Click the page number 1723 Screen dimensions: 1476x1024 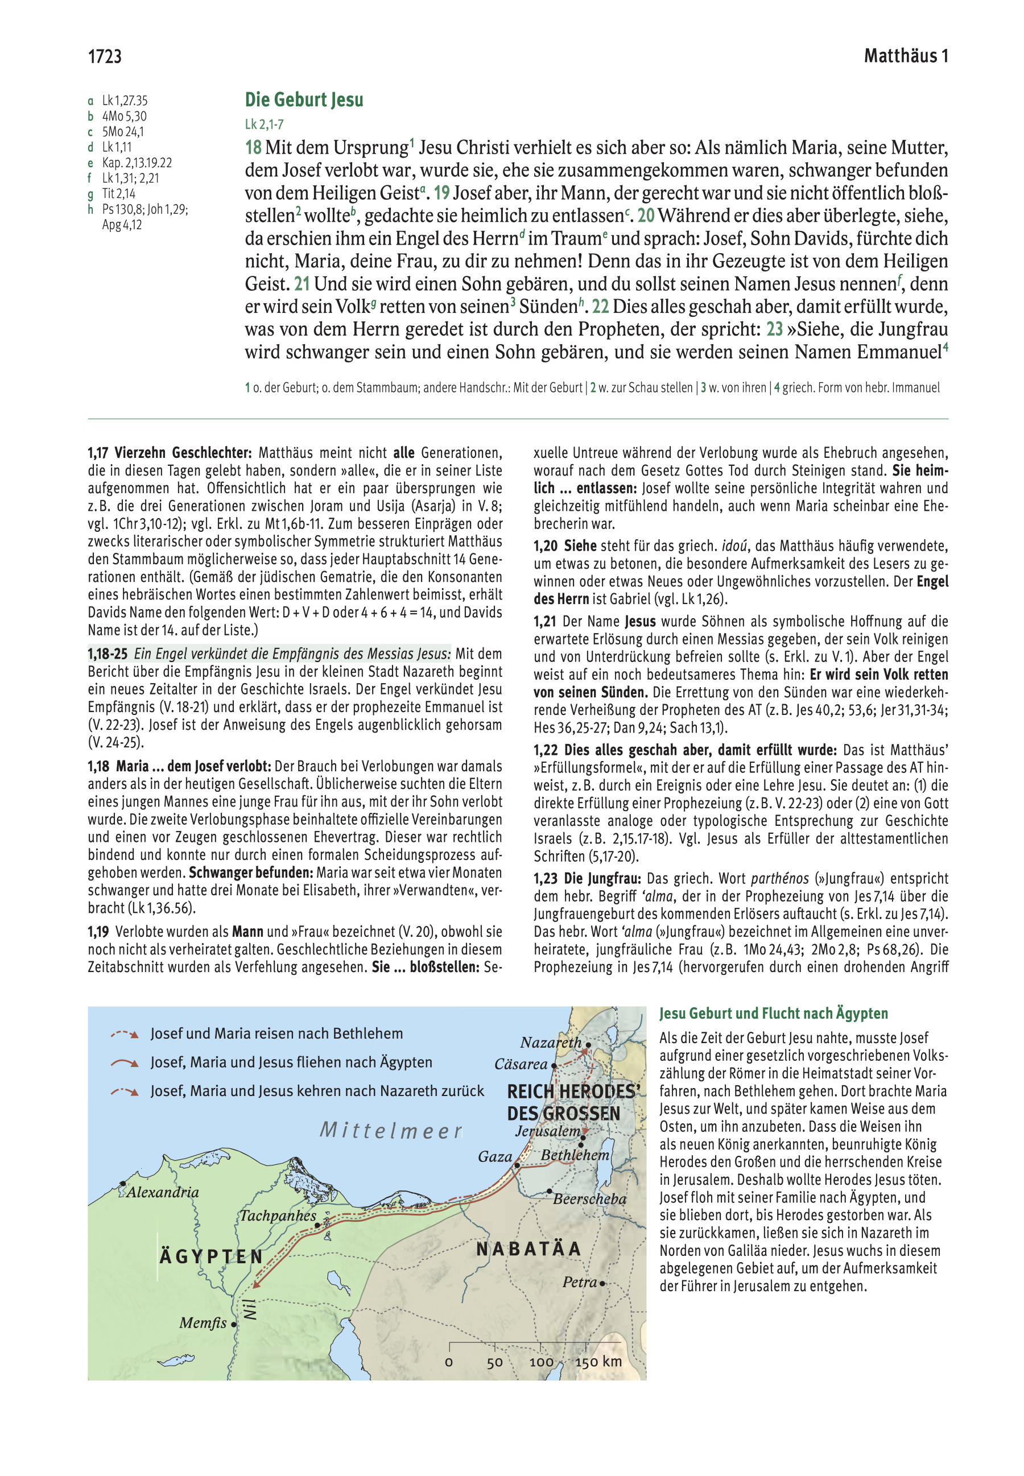(105, 57)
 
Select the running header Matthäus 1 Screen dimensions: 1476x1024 (905, 56)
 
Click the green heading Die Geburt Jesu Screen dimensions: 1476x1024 (304, 100)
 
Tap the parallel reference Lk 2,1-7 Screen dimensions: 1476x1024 (264, 125)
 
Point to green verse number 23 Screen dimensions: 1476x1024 (774, 329)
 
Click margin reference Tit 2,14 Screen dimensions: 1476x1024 (119, 194)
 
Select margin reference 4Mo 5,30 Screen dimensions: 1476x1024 (124, 116)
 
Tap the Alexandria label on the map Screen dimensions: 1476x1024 (162, 1193)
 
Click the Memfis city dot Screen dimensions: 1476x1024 (234, 1324)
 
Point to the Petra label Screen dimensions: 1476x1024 (580, 1282)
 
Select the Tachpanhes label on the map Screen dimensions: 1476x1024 (278, 1215)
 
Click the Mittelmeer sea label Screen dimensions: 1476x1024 (391, 1130)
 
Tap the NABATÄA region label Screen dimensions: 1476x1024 (528, 1249)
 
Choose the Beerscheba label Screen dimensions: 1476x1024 (589, 1199)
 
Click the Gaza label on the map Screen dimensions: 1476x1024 (495, 1156)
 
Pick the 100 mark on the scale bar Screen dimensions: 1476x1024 (541, 1362)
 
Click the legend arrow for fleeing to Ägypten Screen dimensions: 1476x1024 (125, 1063)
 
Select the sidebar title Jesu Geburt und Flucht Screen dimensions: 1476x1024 (773, 1014)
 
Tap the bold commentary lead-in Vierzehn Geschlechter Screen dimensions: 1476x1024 (182, 453)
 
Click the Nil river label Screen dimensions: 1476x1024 (250, 1309)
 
